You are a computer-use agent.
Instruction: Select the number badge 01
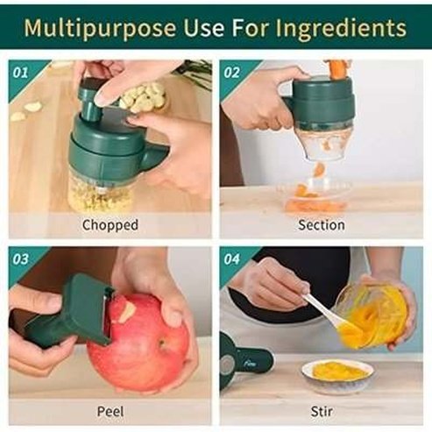19,71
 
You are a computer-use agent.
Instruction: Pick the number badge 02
231,71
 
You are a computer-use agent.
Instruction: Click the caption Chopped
110,225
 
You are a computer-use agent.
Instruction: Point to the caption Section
322,225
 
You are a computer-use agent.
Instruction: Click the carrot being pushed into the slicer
337,68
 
